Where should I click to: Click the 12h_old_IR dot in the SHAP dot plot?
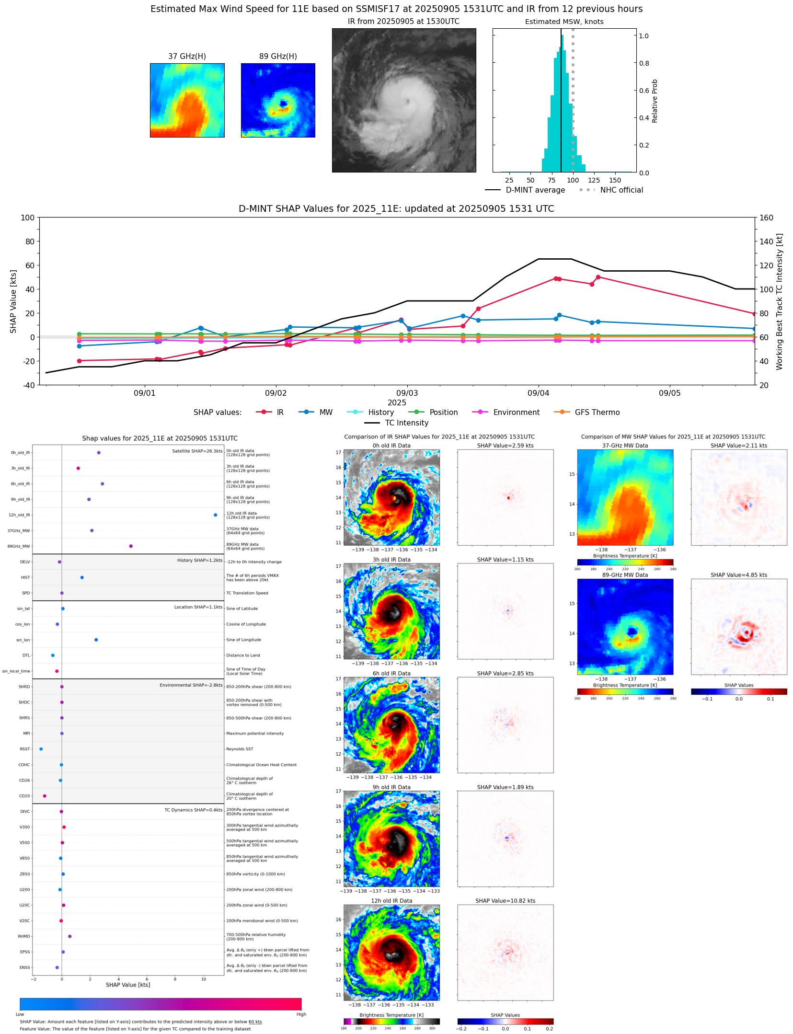215,515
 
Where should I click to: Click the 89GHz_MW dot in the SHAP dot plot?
131,546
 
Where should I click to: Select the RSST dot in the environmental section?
41,748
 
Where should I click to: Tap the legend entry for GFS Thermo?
597,412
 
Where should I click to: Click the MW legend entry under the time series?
326,412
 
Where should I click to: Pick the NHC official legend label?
621,190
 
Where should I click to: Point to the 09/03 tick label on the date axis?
407,393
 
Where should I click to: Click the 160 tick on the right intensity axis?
766,218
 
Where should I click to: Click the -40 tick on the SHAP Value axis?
27,385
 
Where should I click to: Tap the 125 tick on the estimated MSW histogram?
594,180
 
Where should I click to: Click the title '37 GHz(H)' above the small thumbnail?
187,56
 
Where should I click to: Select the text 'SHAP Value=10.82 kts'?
505,900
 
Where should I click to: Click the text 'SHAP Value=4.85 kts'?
738,574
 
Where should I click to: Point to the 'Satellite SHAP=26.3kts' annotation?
197,451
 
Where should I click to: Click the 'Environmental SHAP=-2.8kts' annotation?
191,685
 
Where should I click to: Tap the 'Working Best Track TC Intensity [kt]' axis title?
779,301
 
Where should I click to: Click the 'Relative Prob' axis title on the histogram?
655,101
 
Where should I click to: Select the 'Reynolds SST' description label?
240,748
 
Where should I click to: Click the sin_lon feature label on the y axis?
23,640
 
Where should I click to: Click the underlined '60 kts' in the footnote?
255,1022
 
